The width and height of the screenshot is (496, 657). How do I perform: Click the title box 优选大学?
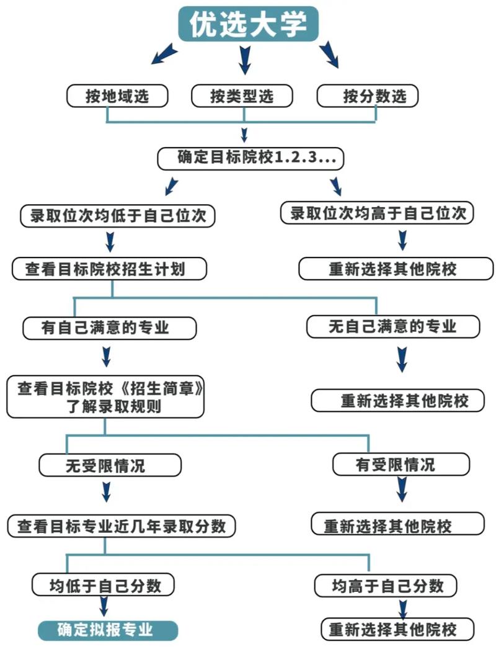[248, 24]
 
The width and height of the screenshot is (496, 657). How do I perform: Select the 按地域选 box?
[117, 96]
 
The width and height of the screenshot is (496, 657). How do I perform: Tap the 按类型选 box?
[242, 96]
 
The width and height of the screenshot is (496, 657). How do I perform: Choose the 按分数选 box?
[368, 96]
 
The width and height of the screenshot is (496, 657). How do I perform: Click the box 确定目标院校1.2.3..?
[250, 158]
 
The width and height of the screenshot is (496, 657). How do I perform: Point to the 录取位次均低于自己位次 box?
[118, 216]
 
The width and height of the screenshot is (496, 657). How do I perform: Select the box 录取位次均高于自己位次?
[377, 213]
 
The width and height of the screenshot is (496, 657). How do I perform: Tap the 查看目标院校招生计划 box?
[109, 269]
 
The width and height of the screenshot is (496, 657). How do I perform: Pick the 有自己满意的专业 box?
[109, 328]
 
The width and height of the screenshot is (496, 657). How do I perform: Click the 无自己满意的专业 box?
[393, 326]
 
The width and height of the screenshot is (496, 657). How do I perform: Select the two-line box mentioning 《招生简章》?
[105, 397]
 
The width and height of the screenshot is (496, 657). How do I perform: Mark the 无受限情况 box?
[110, 465]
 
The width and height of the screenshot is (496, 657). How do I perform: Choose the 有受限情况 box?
[401, 464]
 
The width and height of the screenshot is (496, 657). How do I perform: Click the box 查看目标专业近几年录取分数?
[122, 526]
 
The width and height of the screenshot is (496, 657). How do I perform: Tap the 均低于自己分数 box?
[103, 584]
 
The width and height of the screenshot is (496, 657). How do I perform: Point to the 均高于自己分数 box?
[386, 586]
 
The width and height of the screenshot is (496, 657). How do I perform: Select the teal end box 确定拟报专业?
[108, 630]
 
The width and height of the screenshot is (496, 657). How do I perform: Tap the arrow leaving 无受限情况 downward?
[106, 491]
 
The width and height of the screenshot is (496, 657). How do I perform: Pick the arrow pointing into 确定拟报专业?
[104, 606]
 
